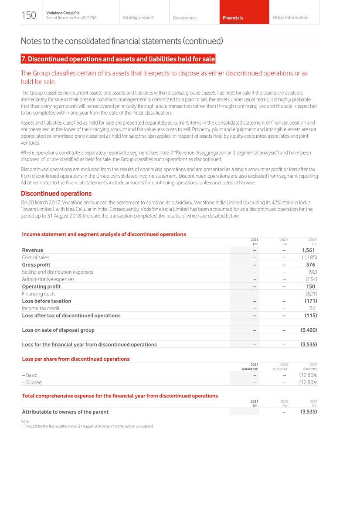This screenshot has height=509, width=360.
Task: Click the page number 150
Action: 29,16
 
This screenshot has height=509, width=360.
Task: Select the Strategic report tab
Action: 138,17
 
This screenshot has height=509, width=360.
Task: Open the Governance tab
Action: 184,18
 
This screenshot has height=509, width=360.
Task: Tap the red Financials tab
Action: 233,18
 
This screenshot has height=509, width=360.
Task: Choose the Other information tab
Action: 290,17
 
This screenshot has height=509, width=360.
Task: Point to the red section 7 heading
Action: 118,59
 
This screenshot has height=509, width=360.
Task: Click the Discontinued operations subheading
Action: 56,193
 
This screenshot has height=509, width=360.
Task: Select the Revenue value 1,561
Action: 308,250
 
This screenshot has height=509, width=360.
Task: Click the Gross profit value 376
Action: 310,265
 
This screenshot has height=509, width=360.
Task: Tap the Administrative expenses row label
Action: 48,279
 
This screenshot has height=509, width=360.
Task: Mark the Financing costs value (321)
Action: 311,294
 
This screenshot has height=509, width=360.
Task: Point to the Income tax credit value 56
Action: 312,308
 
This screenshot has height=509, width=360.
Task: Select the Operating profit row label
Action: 41,286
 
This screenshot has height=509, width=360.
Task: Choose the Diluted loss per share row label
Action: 32,382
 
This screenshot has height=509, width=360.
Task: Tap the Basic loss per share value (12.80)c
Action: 308,375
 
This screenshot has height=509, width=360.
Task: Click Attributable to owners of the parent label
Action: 65,411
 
